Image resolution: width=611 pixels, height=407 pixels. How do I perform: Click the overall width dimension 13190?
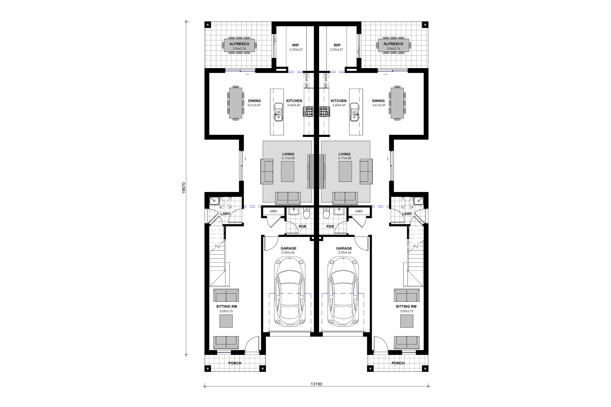pos(316,384)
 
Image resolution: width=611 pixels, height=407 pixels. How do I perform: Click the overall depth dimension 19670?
pos(184,188)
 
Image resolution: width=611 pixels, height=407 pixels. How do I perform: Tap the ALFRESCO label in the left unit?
pos(239,44)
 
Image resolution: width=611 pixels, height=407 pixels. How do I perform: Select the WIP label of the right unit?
pos(337,45)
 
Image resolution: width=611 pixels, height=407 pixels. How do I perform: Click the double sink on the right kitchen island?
pos(354,112)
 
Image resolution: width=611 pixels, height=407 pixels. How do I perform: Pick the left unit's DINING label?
pos(254,101)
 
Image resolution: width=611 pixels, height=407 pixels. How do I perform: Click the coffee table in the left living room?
pos(287,172)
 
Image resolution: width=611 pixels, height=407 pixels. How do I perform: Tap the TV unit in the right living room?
pos(323,171)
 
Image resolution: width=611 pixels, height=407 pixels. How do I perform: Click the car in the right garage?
pos(343,292)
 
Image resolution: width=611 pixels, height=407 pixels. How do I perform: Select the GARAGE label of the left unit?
pos(288,248)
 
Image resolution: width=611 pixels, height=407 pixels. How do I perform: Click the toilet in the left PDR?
pos(306,214)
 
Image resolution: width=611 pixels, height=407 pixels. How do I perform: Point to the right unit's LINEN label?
pos(359,211)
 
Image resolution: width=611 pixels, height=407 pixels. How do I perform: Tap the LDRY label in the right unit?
pos(407,214)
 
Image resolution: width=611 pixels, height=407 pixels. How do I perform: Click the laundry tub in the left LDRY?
pos(214,201)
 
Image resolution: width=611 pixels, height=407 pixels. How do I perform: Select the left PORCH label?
pos(235,363)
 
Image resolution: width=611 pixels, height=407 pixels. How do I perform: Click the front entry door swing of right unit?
pos(380,343)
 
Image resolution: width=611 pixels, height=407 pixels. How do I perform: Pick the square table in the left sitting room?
pos(226,321)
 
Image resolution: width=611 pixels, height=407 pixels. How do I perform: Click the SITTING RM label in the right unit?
pos(406,306)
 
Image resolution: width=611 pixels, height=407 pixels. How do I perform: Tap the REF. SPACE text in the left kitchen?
pos(306,80)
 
